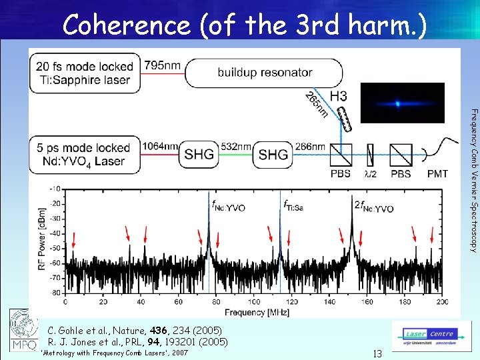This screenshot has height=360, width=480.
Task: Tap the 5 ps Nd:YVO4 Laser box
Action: [84, 155]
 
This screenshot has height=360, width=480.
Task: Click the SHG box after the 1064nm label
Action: [199, 155]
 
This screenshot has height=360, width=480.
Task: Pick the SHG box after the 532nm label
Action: [273, 155]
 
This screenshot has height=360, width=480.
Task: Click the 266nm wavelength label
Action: [311, 147]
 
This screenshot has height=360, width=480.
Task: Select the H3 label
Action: [339, 97]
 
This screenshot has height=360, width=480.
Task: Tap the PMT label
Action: [437, 174]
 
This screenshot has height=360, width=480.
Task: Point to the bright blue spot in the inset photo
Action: [397, 103]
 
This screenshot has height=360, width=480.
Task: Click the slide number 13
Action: [377, 354]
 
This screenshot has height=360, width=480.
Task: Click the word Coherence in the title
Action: [126, 25]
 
